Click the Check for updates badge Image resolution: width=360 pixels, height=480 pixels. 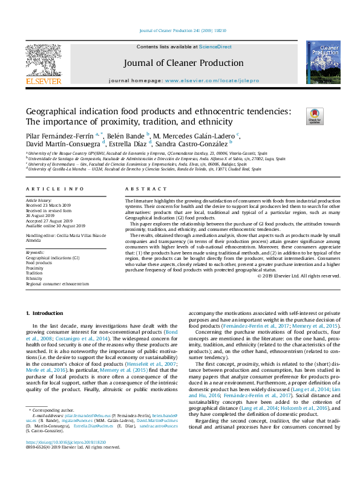tap(315, 115)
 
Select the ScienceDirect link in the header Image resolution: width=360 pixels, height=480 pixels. tap(215, 47)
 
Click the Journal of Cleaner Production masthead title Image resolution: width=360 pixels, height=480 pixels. tap(180, 62)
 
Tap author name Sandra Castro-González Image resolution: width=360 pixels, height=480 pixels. tap(181, 144)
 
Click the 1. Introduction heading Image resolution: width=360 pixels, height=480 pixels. tap(46, 313)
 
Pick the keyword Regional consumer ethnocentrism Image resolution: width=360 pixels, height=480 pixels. tap(57, 283)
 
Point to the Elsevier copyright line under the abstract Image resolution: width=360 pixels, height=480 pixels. tap(299, 276)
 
